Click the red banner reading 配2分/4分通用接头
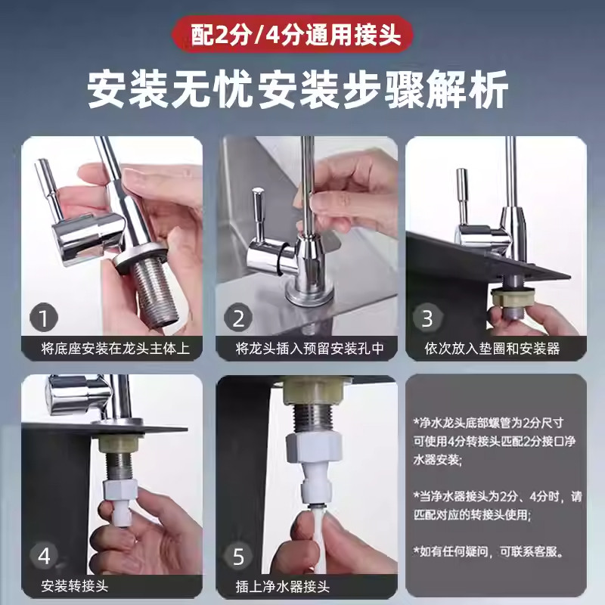(292, 35)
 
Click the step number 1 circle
(44, 318)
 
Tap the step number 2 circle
(238, 318)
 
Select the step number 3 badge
(427, 318)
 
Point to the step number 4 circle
(44, 556)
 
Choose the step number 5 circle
(238, 556)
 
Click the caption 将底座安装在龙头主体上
(116, 349)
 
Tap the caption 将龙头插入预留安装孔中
(310, 349)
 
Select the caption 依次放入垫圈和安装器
(492, 349)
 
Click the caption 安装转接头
(74, 586)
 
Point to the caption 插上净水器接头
(282, 586)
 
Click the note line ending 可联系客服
(489, 551)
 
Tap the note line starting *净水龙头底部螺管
(488, 423)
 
